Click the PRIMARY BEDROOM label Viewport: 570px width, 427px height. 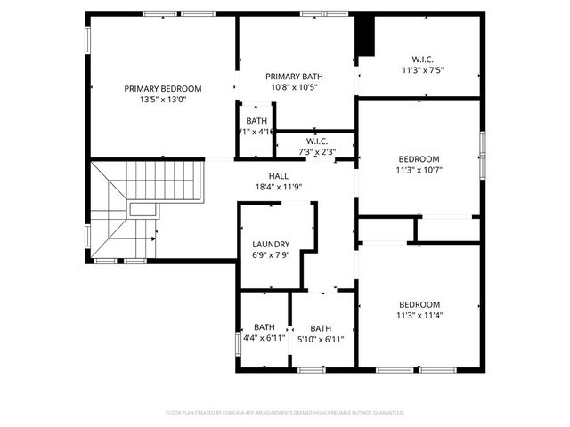163,88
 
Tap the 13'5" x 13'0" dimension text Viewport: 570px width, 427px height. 163,100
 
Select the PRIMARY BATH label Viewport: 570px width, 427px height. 293,76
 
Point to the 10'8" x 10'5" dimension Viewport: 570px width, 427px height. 293,87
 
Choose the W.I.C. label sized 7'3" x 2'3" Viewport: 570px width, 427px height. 317,141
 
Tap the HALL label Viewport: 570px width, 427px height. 279,176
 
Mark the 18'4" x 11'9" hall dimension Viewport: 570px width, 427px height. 279,188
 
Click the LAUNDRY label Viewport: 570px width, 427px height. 271,244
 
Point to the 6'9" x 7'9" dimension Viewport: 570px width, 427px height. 271,255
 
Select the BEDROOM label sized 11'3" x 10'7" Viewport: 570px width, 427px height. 419,158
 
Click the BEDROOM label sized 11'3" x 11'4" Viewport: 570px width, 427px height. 419,303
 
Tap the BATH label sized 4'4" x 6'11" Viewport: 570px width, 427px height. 265,326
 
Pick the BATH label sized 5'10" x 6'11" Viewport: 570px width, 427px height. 321,326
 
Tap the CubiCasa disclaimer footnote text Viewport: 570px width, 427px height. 285,413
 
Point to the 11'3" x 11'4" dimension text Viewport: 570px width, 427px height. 419,315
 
